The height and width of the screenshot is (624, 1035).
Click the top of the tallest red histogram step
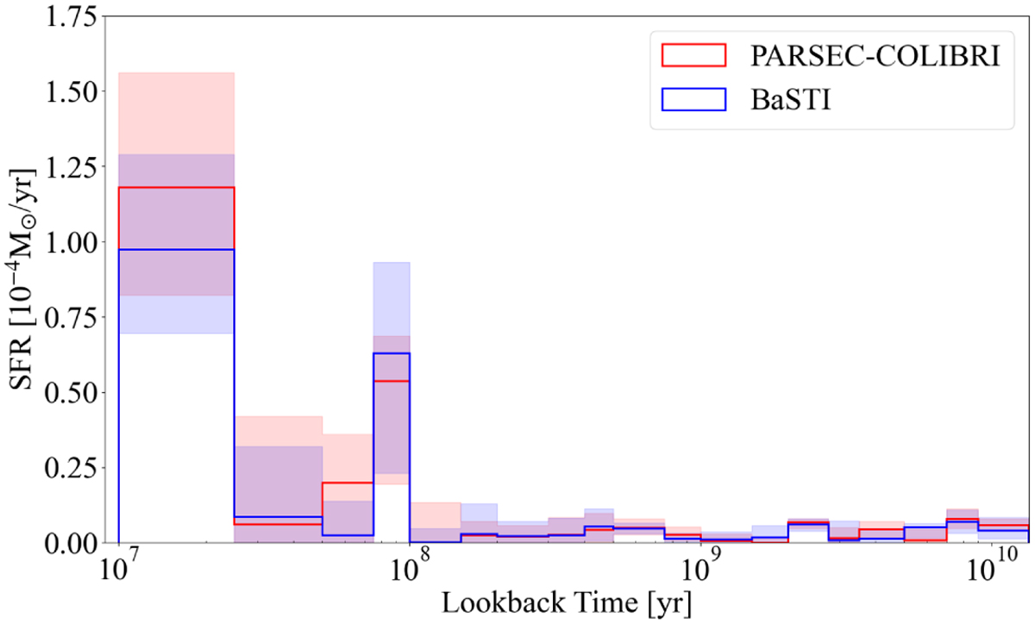click(x=176, y=188)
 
